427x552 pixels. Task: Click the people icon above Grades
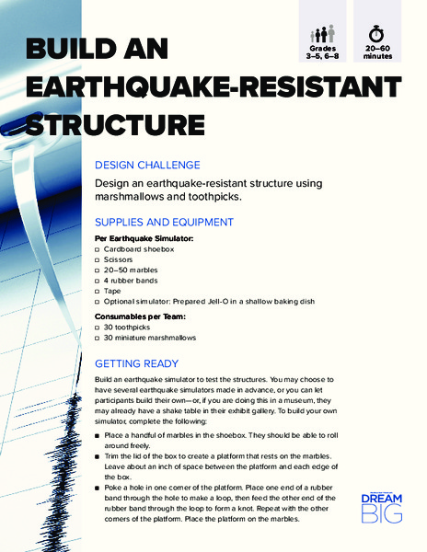(x=322, y=26)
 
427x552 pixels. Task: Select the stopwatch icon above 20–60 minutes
(x=377, y=25)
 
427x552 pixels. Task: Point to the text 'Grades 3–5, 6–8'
(x=322, y=51)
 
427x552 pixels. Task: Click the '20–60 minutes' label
(x=377, y=51)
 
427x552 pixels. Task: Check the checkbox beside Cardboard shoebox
(x=98, y=249)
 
